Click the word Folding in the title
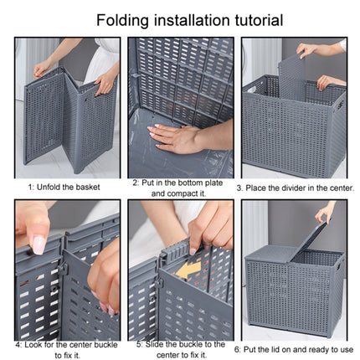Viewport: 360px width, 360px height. click(x=124, y=20)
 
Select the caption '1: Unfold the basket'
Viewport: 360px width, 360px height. click(x=64, y=187)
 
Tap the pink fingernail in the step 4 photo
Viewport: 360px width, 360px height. click(x=39, y=244)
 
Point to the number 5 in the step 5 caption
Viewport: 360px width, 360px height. click(x=134, y=343)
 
